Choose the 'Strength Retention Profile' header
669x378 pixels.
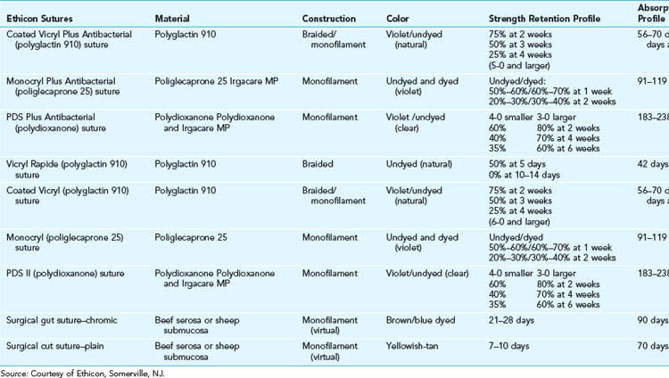[544, 18]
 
